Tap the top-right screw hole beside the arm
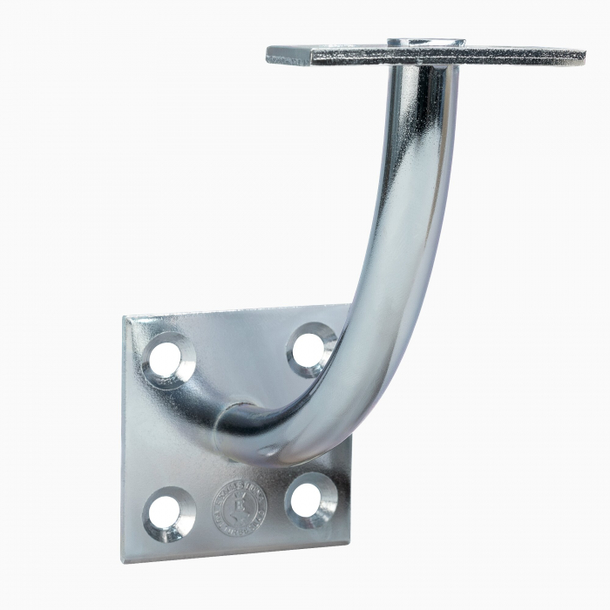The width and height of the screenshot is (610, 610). pos(309,349)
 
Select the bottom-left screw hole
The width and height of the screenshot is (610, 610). pos(167,513)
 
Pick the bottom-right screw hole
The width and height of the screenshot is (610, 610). pos(308,500)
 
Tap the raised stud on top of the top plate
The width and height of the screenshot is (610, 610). pos(426,42)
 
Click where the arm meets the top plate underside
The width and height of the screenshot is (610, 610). pos(424,70)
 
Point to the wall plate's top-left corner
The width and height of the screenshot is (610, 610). pos(127,319)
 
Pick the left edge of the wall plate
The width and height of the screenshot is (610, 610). pos(124,436)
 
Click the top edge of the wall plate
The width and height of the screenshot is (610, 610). pos(235,311)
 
